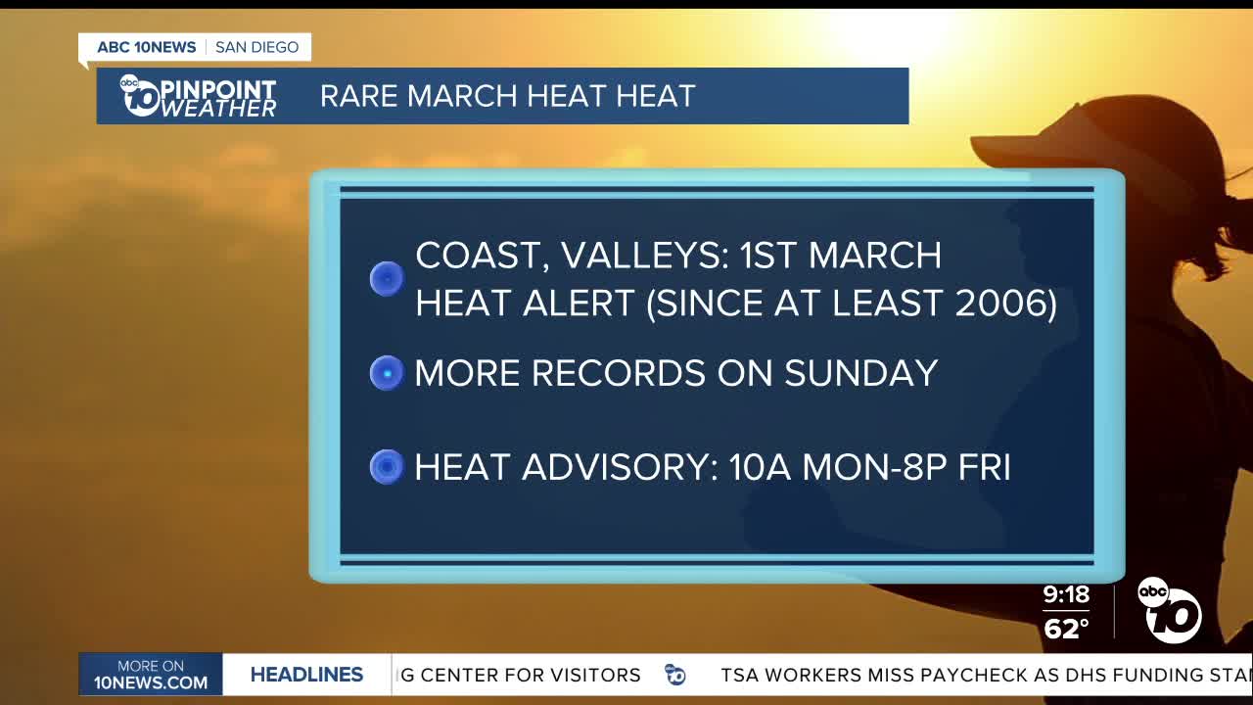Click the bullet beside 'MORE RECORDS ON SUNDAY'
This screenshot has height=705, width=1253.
point(387,373)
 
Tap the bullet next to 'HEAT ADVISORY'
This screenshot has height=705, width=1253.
point(387,467)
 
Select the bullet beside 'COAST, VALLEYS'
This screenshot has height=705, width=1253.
point(387,279)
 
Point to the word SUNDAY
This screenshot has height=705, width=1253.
point(861,373)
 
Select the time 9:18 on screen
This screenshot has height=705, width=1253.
point(1066,594)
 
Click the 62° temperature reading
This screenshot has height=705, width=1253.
point(1066,629)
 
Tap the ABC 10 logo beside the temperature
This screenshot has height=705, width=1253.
point(1169,610)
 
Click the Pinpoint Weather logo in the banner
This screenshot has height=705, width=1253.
point(198,96)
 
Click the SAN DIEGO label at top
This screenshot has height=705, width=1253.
point(256,47)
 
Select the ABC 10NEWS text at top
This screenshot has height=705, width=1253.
point(147,47)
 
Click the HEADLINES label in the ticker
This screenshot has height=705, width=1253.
point(306,675)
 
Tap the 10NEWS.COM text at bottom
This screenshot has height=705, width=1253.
point(151,682)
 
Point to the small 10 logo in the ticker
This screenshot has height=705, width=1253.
point(675,675)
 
